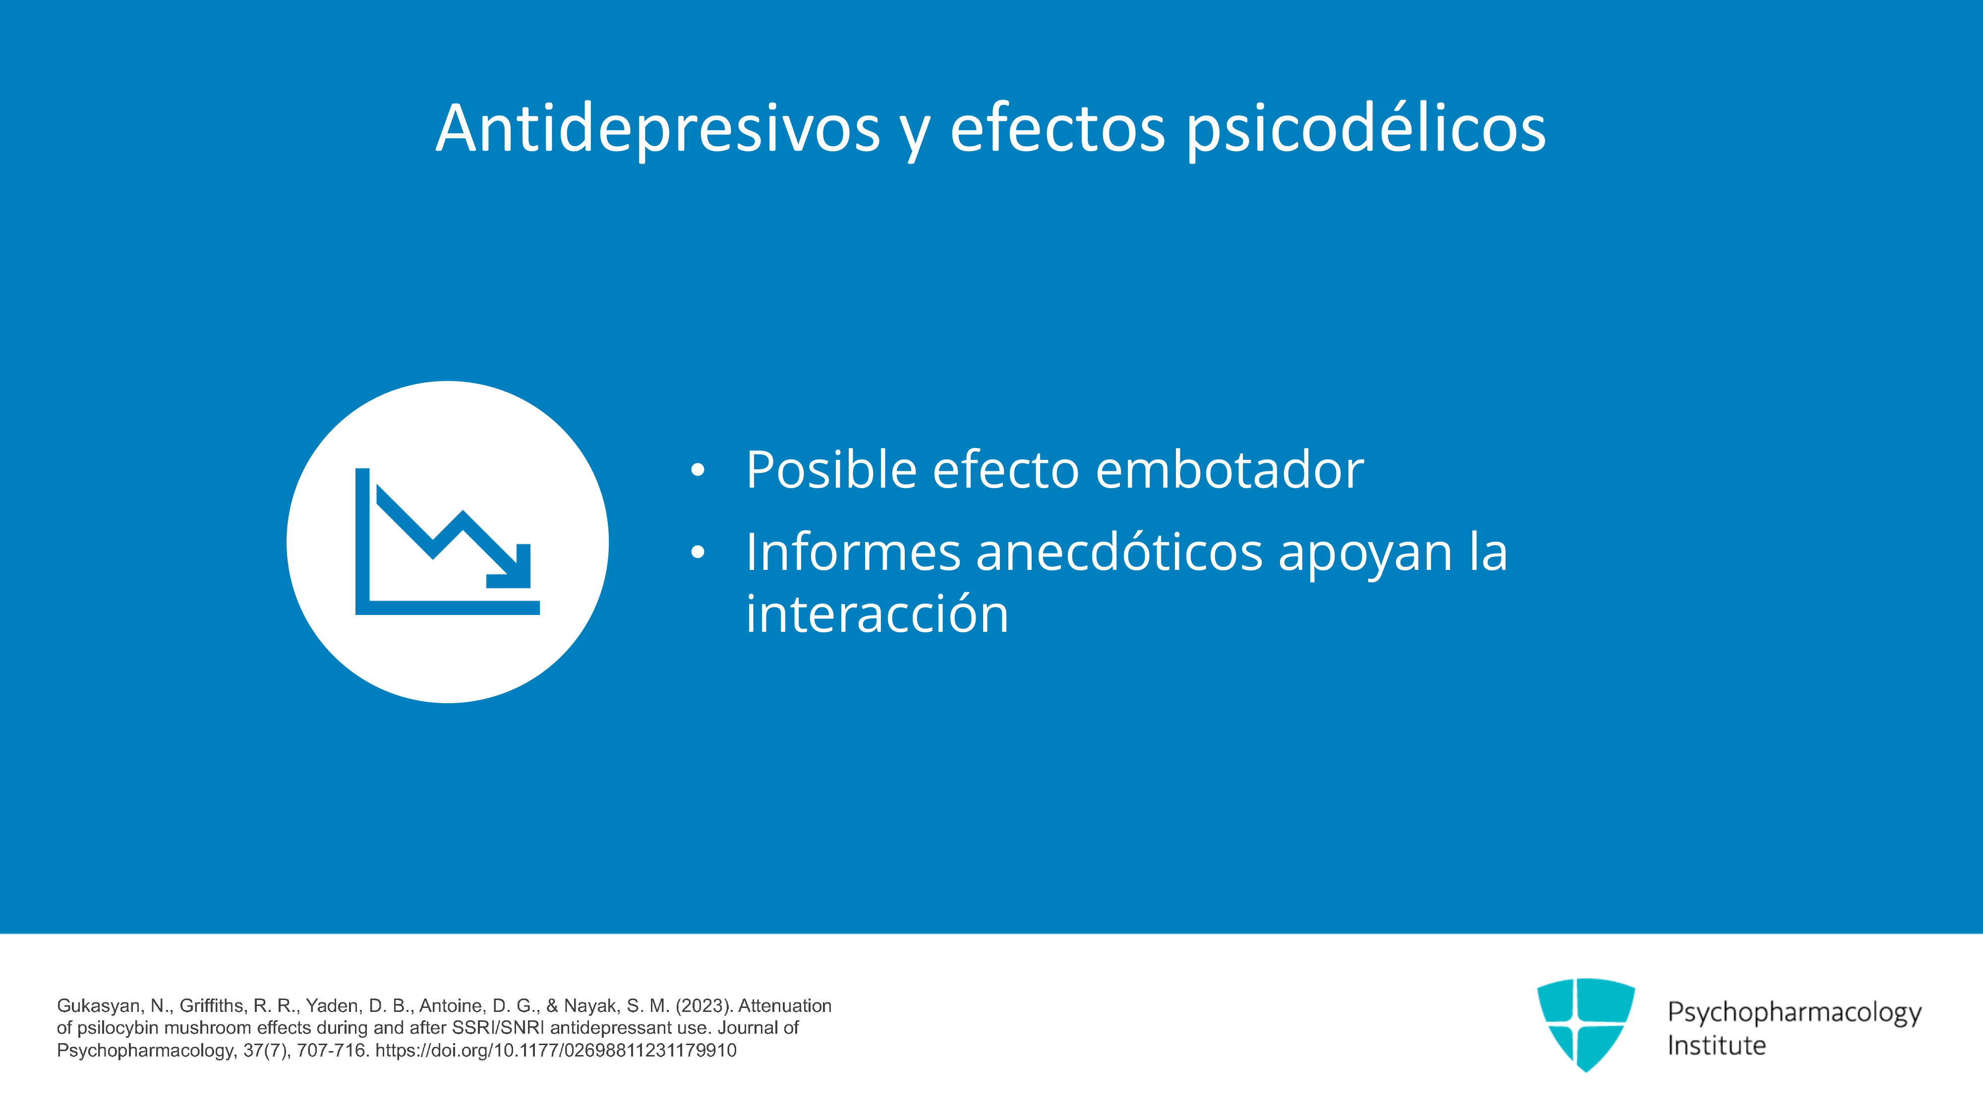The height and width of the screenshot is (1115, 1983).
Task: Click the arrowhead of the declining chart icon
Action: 512,569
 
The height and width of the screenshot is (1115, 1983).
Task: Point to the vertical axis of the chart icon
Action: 362,541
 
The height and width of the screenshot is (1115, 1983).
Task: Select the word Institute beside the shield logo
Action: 1717,1046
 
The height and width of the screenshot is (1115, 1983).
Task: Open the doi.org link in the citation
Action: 556,1051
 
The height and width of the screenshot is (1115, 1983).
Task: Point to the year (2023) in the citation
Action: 703,1006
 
